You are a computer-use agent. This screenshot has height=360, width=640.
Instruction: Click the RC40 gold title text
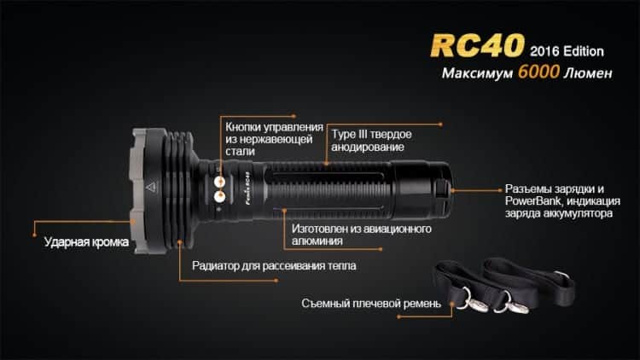(x=477, y=45)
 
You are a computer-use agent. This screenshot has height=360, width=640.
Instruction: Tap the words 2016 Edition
(x=567, y=51)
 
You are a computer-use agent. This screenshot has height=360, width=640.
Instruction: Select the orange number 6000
(x=538, y=72)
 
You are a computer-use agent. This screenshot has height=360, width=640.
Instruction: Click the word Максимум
(x=477, y=73)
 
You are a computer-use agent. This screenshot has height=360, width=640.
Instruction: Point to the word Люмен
(x=588, y=73)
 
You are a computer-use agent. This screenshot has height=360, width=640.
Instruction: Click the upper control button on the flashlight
(x=219, y=181)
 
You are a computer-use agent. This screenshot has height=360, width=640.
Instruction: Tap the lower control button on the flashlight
(x=219, y=197)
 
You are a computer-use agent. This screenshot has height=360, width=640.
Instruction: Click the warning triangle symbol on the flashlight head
(x=151, y=187)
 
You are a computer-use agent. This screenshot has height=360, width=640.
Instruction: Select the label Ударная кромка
(x=86, y=242)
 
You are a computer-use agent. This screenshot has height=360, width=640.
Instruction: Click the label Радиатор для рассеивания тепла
(x=274, y=265)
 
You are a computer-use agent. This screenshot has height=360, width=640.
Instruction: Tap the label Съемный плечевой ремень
(x=371, y=304)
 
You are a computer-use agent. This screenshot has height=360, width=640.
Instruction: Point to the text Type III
(x=351, y=134)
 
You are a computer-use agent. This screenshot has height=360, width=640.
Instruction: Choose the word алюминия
(x=317, y=241)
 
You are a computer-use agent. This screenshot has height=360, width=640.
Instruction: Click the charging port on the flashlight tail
(x=442, y=189)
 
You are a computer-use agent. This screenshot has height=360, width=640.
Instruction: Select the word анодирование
(x=367, y=147)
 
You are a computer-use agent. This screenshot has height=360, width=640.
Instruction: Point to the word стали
(x=240, y=152)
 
